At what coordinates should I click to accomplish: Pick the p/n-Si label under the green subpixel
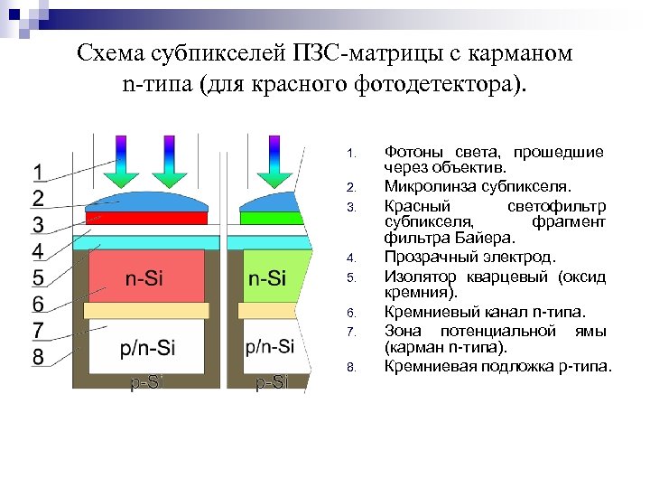pyautogui.click(x=270, y=346)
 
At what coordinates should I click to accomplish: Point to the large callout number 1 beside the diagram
pyautogui.click(x=39, y=172)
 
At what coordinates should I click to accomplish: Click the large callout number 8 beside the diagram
pyautogui.click(x=38, y=357)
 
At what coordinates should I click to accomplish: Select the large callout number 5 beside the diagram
pyautogui.click(x=38, y=277)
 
